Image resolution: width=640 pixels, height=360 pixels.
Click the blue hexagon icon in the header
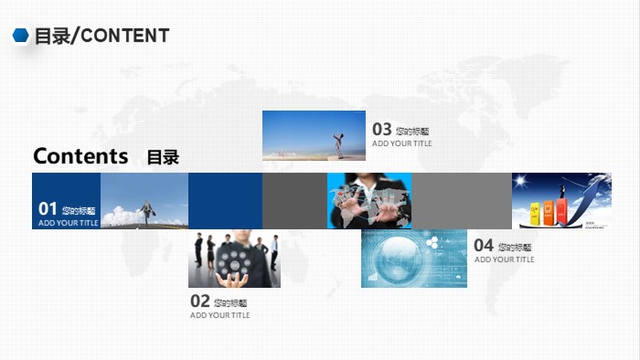pos(20,36)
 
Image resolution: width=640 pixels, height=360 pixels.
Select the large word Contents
pos(80,155)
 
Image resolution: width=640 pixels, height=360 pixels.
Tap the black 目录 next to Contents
pos(163,157)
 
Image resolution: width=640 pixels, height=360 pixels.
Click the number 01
pos(48,209)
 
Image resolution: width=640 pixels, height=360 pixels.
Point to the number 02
pos(200,301)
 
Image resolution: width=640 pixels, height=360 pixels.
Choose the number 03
pos(382,130)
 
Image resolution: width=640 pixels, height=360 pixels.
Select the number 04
pos(484,245)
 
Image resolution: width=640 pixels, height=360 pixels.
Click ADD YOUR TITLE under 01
pos(69,223)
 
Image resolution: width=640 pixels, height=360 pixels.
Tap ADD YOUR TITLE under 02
pos(219,315)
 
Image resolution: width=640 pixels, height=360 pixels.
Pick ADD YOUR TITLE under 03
pos(401,143)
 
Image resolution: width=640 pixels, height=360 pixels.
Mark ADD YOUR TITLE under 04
pos(504,259)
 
